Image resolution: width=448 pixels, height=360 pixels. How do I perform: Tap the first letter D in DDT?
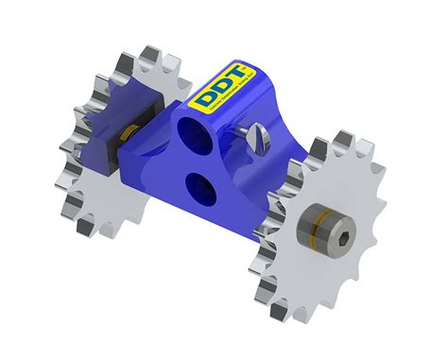[x=205, y=96]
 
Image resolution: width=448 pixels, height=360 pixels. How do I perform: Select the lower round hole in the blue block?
[x=202, y=182]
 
